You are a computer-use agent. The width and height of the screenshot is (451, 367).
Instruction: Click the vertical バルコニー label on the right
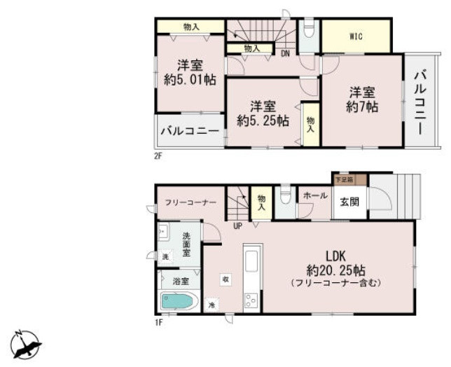[x=420, y=101]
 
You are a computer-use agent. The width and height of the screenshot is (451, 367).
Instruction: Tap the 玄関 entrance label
[x=349, y=202]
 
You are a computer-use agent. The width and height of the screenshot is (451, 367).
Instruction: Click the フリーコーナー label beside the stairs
[x=190, y=202]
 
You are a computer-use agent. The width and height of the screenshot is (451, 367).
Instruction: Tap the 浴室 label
[x=181, y=281]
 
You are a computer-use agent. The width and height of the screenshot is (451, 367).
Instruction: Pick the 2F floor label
[x=158, y=155]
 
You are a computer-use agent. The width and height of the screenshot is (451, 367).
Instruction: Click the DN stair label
[x=285, y=52]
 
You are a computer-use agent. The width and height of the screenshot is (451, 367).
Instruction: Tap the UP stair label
[x=238, y=226]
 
